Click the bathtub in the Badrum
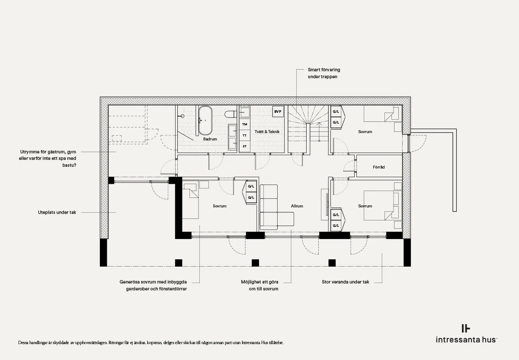205,121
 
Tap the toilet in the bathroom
231,114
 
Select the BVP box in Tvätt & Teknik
278,112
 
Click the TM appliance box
244,124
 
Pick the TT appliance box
244,135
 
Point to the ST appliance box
244,147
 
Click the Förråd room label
378,167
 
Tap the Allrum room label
297,206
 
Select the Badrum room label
210,139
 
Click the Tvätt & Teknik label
267,131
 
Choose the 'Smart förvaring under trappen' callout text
324,73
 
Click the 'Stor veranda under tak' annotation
345,282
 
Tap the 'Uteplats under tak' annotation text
57,212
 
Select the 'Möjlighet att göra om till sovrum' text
259,285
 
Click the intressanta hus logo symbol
466,328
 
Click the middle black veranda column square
255,263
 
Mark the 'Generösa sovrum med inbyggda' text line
153,282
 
